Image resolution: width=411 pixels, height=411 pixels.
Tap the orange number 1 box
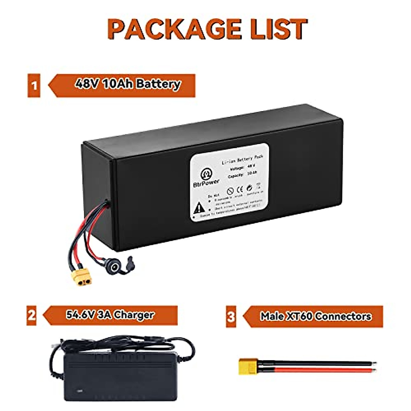tap(34, 85)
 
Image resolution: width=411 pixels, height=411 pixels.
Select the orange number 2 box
tap(32, 315)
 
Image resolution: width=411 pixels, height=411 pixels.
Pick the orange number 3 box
tap(231, 316)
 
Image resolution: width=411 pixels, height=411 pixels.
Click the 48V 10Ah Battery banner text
tap(127, 84)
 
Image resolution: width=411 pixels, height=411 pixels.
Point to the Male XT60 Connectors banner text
tap(315, 316)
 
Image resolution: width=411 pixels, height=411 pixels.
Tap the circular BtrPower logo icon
tap(207, 174)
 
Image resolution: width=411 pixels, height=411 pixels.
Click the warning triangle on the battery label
tap(199, 208)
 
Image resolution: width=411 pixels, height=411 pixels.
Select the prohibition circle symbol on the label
tap(230, 191)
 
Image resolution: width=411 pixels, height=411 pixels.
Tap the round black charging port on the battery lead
tap(112, 265)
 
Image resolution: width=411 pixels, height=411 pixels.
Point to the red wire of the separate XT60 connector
tap(315, 371)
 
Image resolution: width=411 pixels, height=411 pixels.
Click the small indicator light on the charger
tap(80, 390)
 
